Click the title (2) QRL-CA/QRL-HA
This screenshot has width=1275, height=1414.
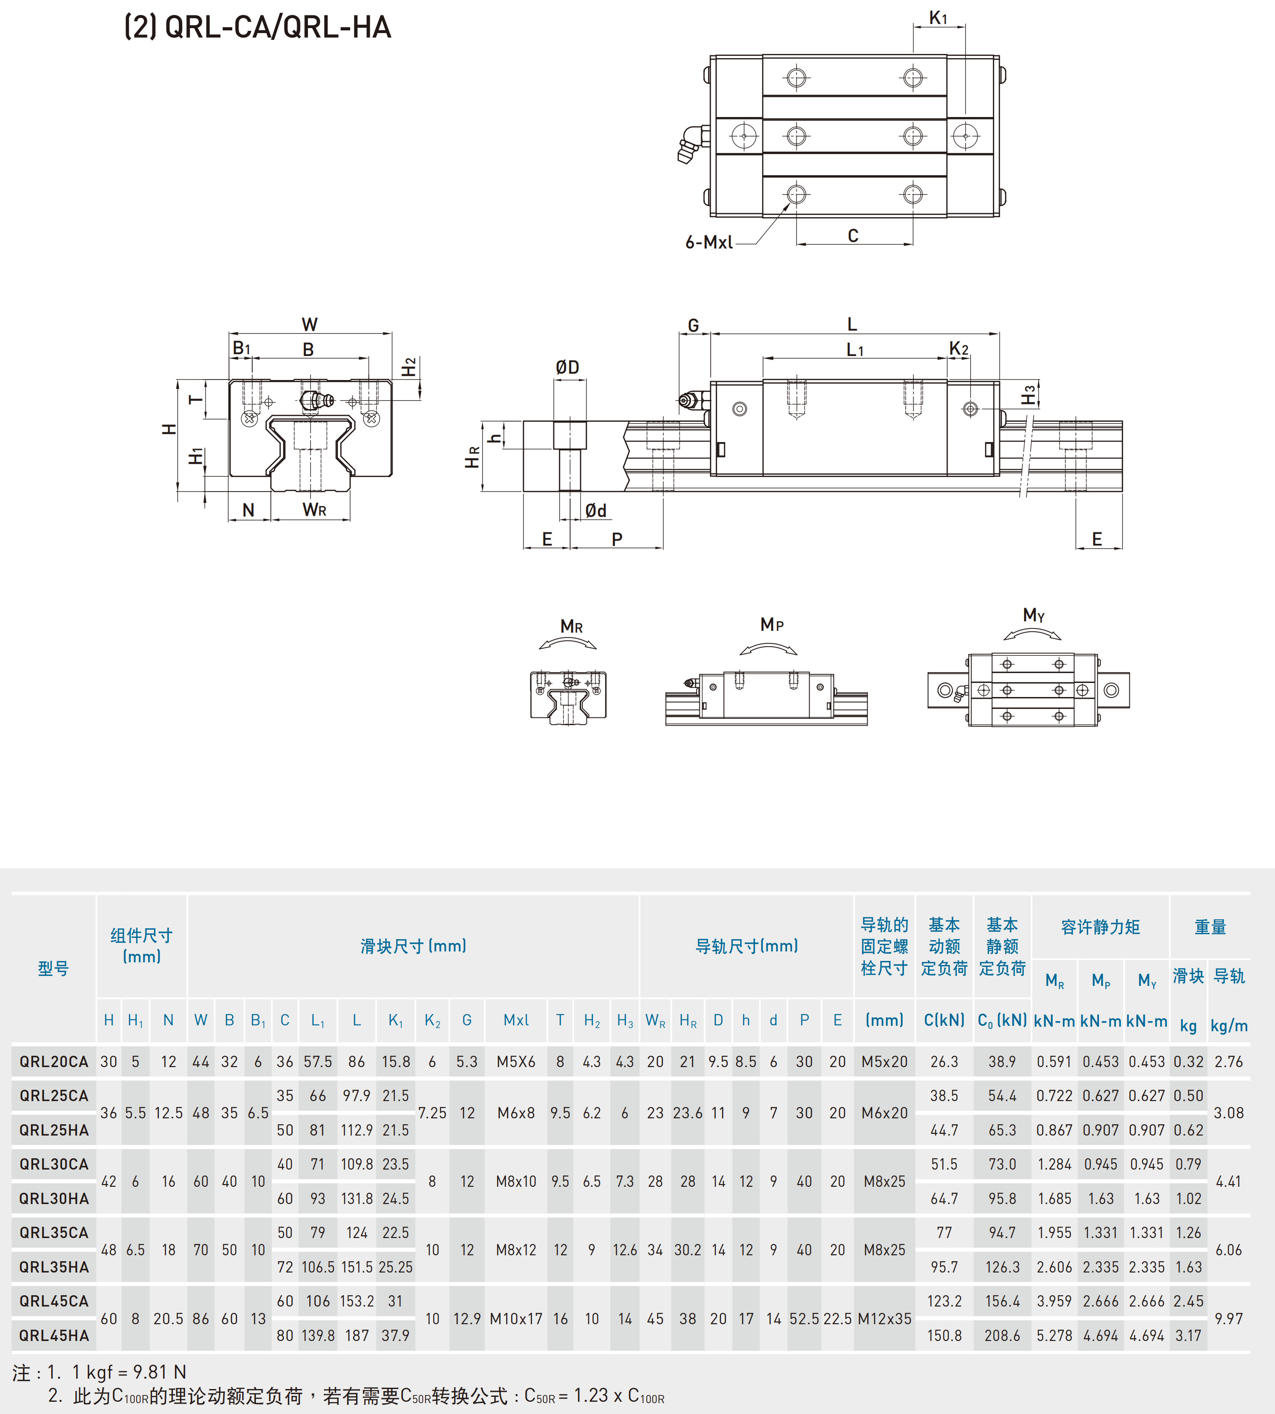[257, 27]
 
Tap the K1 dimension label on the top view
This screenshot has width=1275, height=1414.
[938, 18]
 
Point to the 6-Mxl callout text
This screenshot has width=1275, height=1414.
[709, 242]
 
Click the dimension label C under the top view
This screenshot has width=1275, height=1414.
[853, 235]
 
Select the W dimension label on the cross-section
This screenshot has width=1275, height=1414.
[310, 324]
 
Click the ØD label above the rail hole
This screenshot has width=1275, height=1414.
[567, 367]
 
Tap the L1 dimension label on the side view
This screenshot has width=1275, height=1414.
[855, 350]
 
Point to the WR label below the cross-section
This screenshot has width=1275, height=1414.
[314, 510]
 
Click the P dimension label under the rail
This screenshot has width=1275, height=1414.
[616, 539]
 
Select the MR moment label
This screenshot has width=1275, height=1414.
[572, 626]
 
